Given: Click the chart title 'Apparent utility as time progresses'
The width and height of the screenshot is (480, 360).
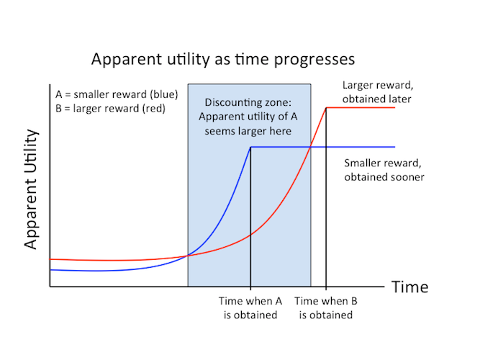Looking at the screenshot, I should (222, 58).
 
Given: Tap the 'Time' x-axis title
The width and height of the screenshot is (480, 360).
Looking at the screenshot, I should (409, 287).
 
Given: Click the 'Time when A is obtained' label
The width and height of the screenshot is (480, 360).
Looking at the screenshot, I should (250, 308).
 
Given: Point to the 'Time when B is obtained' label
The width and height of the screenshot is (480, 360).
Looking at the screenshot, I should (327, 308).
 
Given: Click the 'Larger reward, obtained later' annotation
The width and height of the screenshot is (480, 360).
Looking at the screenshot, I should (376, 92).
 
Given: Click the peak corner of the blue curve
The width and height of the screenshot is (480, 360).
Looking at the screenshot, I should (250, 147).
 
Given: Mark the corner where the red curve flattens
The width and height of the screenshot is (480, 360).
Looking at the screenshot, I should (327, 107).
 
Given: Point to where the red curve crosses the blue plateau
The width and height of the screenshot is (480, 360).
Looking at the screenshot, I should (310, 147).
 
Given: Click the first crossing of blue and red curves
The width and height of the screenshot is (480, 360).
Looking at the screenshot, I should (189, 255).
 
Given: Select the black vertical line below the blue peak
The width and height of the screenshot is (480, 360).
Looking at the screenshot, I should (250, 216).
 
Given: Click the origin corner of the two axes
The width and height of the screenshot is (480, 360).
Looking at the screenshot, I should (50, 287).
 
